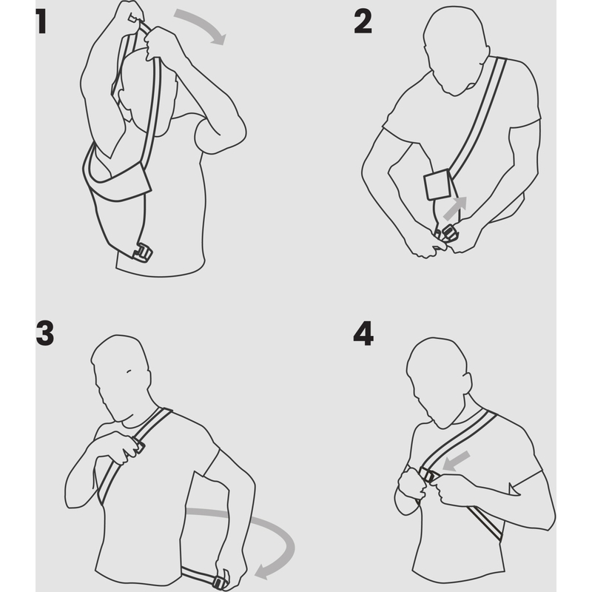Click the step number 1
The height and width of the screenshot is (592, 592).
[41, 21]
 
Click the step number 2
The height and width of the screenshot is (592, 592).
[363, 21]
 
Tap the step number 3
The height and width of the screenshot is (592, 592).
[45, 333]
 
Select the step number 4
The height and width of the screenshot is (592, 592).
[363, 333]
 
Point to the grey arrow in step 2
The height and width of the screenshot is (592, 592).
[456, 208]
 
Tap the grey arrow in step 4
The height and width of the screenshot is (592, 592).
[456, 461]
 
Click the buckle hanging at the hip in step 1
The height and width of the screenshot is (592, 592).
[142, 253]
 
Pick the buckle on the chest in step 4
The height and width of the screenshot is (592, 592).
[429, 475]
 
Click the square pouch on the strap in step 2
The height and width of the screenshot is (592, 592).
[437, 185]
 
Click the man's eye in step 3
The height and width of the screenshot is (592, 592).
[129, 371]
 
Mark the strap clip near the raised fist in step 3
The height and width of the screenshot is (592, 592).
[138, 445]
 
